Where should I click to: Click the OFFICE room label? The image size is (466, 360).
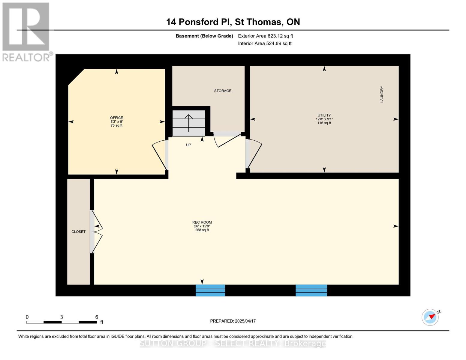coord(116,118)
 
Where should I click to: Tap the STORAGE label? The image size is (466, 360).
coord(223,91)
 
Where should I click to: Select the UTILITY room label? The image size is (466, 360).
coord(324,115)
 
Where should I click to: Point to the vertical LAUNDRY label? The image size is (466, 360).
coord(382,94)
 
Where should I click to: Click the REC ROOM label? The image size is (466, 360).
coord(202,222)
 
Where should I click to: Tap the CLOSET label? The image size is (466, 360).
coord(78,232)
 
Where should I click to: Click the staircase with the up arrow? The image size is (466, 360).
coord(189,123)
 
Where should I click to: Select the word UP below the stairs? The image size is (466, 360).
coord(188,145)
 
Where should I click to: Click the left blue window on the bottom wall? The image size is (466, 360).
coord(210,290)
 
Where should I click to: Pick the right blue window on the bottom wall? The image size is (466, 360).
coord(311,290)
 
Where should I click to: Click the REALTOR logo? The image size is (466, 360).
coord(26,31)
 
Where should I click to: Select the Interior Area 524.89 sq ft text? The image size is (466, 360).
coord(265,43)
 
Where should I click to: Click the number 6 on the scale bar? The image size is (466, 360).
coord(97,317)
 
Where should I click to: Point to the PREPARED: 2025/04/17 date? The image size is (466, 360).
coord(233,321)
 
